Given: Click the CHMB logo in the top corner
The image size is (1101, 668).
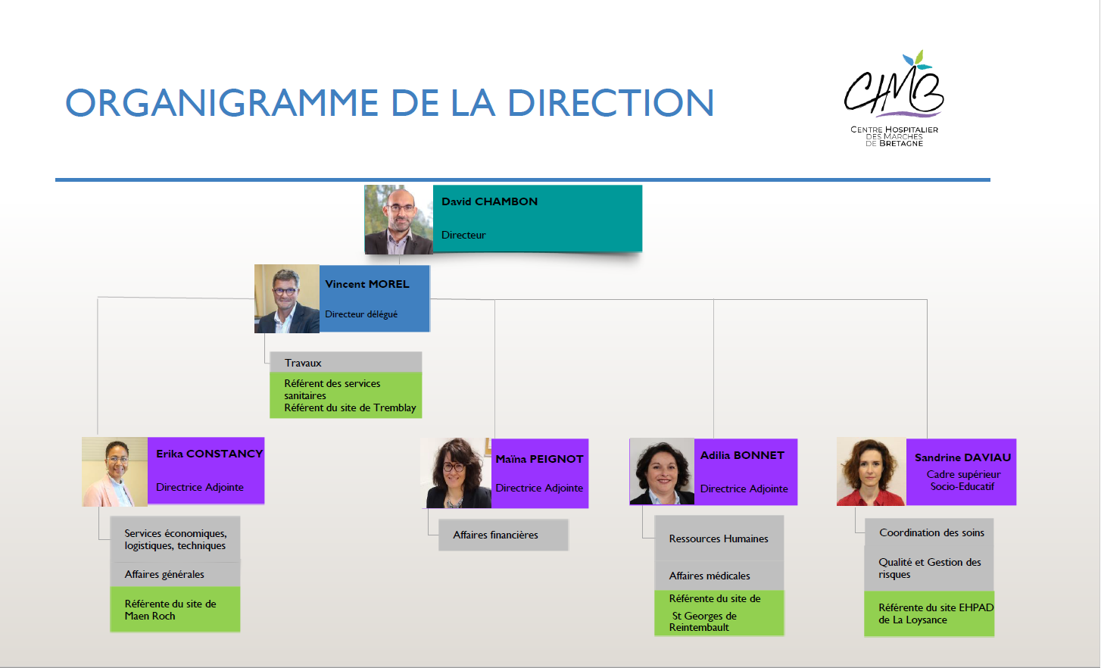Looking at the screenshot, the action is click(x=894, y=98).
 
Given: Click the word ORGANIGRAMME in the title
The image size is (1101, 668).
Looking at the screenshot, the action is click(x=222, y=103).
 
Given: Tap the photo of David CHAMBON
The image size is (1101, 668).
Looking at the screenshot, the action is click(x=398, y=219).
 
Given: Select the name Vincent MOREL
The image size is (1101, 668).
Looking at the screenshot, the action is click(x=366, y=284).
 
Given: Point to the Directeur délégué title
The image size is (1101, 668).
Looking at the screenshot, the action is click(x=361, y=314).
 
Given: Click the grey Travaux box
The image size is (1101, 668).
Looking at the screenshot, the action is click(x=345, y=362).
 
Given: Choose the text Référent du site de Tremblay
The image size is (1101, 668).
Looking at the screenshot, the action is click(x=350, y=408).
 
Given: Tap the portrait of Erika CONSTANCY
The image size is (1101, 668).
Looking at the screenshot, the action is click(x=115, y=472).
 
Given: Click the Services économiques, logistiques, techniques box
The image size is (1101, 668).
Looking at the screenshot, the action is click(x=176, y=539).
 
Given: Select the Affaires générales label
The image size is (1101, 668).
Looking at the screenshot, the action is click(x=164, y=574).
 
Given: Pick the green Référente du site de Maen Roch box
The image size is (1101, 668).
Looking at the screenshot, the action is click(x=176, y=609).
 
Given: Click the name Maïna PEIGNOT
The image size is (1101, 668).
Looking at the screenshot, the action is click(x=539, y=459).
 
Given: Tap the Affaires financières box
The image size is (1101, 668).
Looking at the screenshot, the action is click(x=504, y=535).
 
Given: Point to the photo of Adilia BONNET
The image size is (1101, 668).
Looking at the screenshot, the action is click(x=662, y=471).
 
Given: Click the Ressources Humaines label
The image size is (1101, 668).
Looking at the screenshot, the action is click(x=718, y=538).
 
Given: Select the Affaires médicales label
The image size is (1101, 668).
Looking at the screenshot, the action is click(x=710, y=576).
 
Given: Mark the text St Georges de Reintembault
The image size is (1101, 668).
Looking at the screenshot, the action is click(x=703, y=621).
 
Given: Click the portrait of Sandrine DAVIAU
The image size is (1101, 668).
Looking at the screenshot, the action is click(x=872, y=472).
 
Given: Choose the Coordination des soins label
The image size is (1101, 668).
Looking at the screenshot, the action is click(x=931, y=533).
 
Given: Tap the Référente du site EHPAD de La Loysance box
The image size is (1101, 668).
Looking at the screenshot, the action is click(x=929, y=614).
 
